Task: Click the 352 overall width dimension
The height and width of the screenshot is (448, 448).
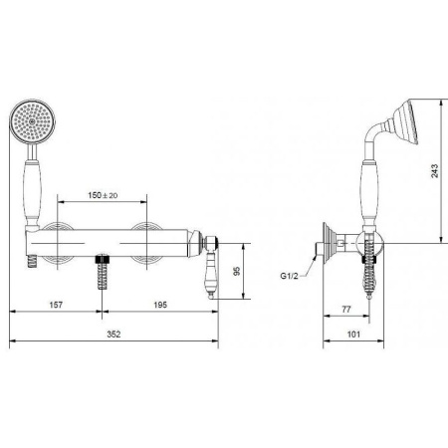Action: (x=113, y=335)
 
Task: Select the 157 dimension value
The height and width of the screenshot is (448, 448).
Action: (x=56, y=305)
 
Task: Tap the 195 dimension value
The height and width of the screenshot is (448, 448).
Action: (x=160, y=305)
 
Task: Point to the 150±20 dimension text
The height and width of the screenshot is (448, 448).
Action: (x=103, y=195)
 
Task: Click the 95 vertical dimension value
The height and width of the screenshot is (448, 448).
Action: (x=237, y=271)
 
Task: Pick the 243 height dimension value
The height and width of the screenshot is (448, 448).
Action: (x=435, y=171)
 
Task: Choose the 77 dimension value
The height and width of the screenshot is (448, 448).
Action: (x=346, y=309)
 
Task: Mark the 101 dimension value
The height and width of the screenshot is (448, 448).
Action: (x=353, y=335)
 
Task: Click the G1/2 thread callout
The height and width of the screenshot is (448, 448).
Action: (x=289, y=276)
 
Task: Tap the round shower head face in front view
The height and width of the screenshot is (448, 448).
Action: (x=33, y=121)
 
